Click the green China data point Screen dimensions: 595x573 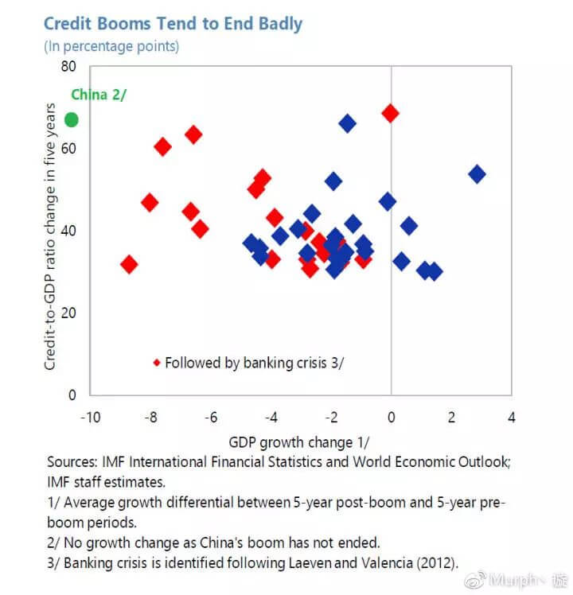click(71, 119)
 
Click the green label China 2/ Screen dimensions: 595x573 click(99, 95)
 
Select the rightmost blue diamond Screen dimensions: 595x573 click(477, 174)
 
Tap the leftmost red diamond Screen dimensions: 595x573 click(129, 264)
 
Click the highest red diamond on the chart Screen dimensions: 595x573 click(390, 113)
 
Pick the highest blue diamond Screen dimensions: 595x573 click(347, 123)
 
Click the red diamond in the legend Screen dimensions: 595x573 click(156, 363)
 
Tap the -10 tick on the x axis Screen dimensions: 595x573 click(90, 418)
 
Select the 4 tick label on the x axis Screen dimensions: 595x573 click(511, 418)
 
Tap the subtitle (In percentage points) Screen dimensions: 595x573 click(111, 45)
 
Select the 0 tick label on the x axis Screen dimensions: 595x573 click(391, 418)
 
